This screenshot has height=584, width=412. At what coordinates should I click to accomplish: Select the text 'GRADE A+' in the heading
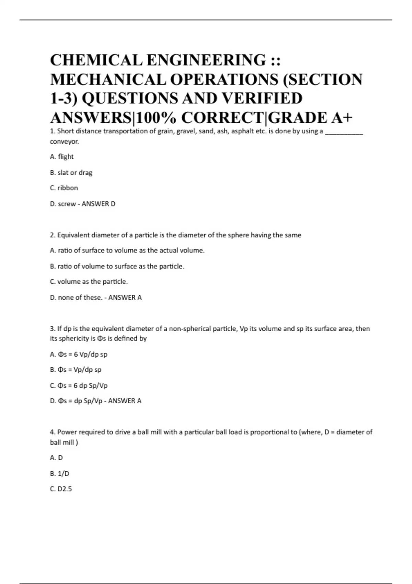click(x=310, y=118)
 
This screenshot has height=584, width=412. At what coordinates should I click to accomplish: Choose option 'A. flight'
click(x=62, y=157)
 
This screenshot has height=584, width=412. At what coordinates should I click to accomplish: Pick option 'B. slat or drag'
click(x=71, y=172)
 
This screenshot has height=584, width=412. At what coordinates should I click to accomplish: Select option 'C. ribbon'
click(x=64, y=188)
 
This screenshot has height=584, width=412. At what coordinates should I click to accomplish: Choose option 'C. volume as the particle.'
click(x=89, y=282)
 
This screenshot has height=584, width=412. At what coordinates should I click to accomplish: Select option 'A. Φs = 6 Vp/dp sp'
click(x=79, y=354)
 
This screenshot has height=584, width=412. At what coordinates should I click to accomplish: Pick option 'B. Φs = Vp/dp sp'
click(x=76, y=370)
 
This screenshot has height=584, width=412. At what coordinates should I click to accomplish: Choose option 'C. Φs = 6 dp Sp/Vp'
click(x=79, y=385)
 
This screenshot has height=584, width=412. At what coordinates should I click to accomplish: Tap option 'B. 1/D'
click(x=59, y=473)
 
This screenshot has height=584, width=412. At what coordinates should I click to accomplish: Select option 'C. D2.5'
click(x=61, y=489)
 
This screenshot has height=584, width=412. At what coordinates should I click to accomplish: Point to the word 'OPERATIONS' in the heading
click(x=224, y=79)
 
